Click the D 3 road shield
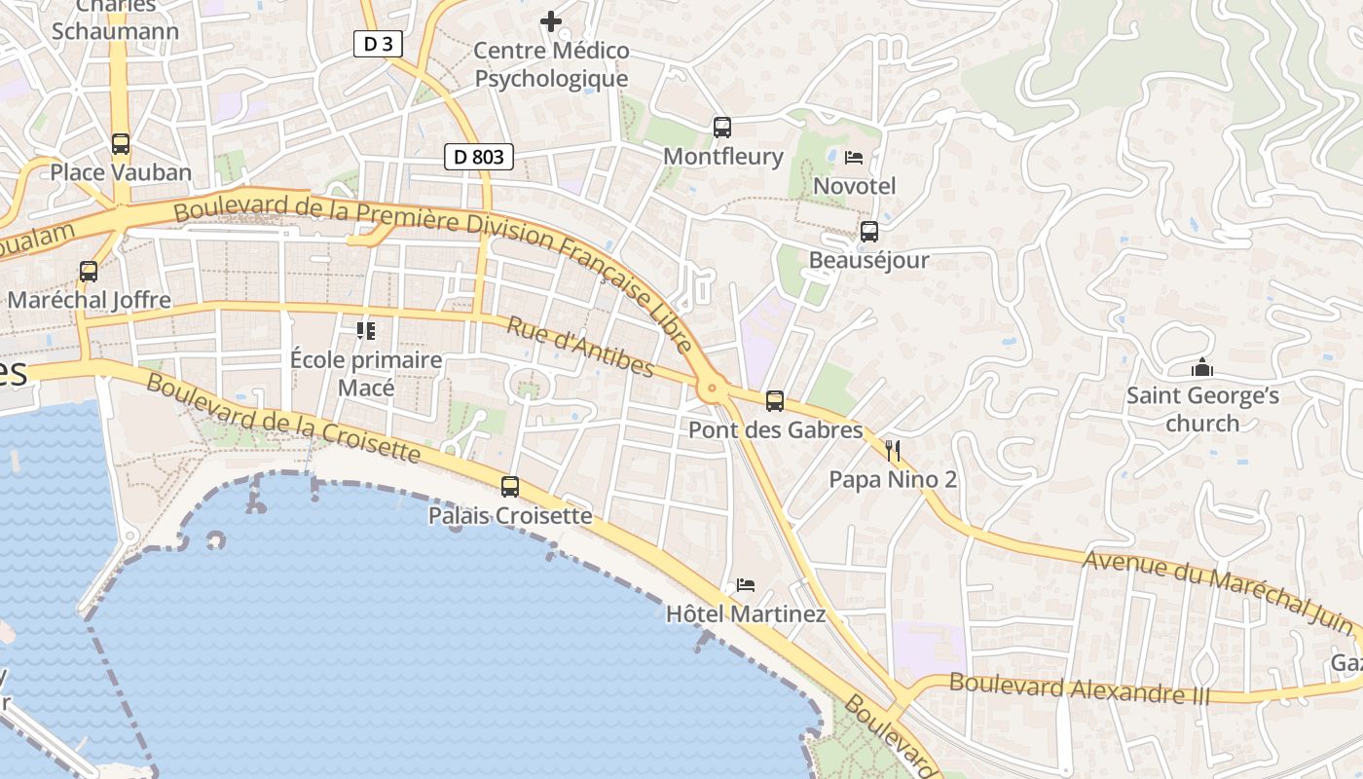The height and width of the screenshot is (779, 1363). (378, 43)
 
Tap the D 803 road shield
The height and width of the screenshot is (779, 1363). (478, 156)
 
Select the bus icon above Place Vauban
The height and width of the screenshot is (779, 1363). (121, 144)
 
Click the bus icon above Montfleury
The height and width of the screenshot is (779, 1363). (722, 127)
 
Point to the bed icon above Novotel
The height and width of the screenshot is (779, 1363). (854, 157)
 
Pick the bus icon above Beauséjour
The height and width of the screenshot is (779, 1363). (869, 232)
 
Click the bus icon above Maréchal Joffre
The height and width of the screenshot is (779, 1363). (89, 272)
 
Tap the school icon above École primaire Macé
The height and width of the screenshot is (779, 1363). (366, 331)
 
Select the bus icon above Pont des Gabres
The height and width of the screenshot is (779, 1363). (775, 400)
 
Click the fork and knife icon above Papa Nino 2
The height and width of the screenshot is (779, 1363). (893, 450)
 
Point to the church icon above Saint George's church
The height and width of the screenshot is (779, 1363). (1202, 368)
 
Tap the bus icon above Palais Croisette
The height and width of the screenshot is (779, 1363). (510, 486)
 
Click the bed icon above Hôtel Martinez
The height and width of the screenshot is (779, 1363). (746, 585)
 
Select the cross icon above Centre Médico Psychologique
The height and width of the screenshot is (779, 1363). (551, 20)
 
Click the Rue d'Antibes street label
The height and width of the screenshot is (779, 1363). (579, 345)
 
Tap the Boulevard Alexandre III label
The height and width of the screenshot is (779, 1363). (1079, 688)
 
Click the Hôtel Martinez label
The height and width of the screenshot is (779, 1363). (746, 614)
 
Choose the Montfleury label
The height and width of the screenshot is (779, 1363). (722, 156)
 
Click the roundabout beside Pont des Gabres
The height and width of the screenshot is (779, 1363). (713, 389)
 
